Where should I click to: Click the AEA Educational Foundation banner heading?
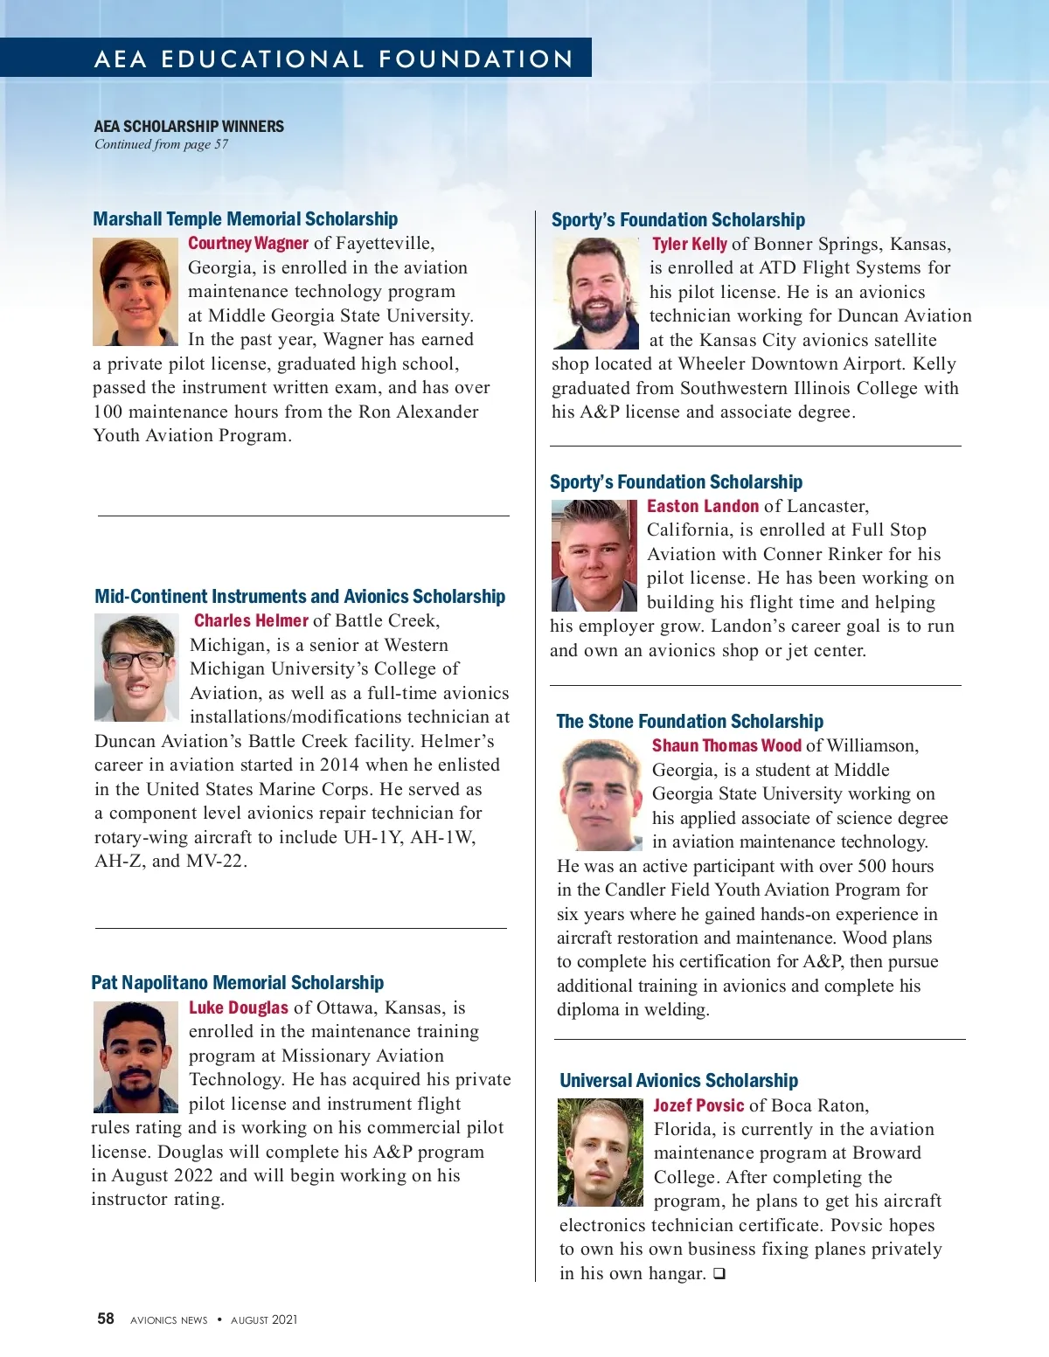pos(333,59)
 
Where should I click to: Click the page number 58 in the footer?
pos(106,1319)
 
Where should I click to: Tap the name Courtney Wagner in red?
pos(248,243)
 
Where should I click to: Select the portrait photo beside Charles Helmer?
pos(136,668)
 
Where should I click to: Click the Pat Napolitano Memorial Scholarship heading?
pos(238,982)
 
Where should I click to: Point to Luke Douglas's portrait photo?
pos(135,1056)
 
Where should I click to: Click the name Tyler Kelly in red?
pos(690,244)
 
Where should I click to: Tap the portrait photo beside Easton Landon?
pos(594,556)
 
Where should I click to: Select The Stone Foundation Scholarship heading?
pos(690,721)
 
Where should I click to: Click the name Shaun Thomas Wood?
pos(726,745)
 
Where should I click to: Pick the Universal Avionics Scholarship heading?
pos(678,1080)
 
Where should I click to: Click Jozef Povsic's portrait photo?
pos(601,1153)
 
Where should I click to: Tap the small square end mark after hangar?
pos(719,1273)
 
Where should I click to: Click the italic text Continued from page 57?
pos(162,144)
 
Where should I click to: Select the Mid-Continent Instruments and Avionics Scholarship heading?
pos(300,596)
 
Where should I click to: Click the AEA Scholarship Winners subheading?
pos(189,126)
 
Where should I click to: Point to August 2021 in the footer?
pos(264,1319)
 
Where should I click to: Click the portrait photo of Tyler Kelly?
pos(596,294)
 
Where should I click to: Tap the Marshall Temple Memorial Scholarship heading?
pos(246,218)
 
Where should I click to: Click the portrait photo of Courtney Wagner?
pos(135,292)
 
